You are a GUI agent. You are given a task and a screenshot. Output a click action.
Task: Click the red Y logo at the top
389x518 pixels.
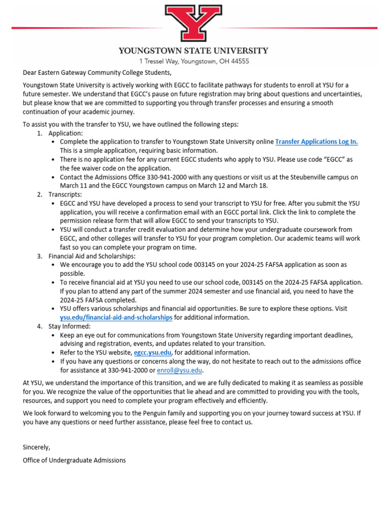tap(193, 24)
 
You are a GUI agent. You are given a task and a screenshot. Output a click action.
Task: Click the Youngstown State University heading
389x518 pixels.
tap(193, 51)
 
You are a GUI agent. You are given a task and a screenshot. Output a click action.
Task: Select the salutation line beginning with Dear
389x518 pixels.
tap(93, 72)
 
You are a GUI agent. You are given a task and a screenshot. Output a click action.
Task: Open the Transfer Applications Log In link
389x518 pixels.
tap(317, 142)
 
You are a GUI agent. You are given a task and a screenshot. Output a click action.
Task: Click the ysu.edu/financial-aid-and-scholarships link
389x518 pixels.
tap(116, 317)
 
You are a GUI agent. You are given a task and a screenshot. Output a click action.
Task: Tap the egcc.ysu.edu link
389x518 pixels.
tap(152, 353)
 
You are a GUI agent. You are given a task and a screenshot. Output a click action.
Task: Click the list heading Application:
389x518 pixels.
tap(65, 133)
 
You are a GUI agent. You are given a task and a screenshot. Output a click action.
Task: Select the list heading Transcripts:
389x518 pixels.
tap(65, 195)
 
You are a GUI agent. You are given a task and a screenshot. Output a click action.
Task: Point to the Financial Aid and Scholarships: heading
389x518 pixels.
tap(92, 256)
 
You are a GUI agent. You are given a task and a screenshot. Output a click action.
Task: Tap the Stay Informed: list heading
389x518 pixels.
tap(69, 326)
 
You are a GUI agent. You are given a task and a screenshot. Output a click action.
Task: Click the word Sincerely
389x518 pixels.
tap(36, 447)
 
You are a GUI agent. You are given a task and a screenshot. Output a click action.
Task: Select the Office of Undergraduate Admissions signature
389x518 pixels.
tap(74, 460)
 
